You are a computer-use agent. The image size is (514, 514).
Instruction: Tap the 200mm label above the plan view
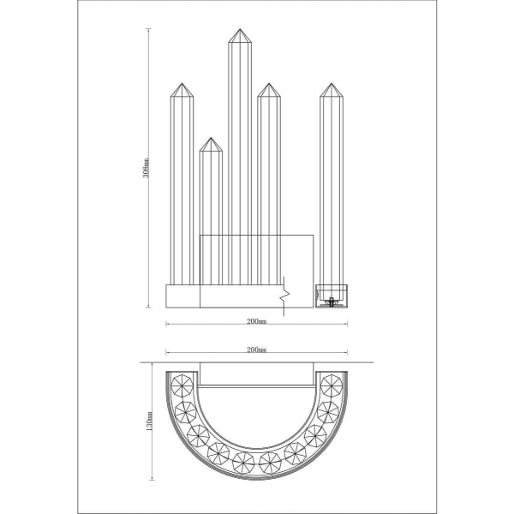coord(255,350)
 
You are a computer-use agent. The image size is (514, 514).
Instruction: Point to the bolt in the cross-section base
coord(331,300)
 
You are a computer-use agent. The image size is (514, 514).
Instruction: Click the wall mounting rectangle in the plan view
coord(256,374)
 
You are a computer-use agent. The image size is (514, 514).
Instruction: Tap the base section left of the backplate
coord(182,296)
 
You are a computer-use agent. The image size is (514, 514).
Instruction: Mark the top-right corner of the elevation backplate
coord(314,234)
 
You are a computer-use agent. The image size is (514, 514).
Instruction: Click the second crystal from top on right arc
coord(329,410)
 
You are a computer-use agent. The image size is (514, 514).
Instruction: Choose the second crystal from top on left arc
coord(185,410)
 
